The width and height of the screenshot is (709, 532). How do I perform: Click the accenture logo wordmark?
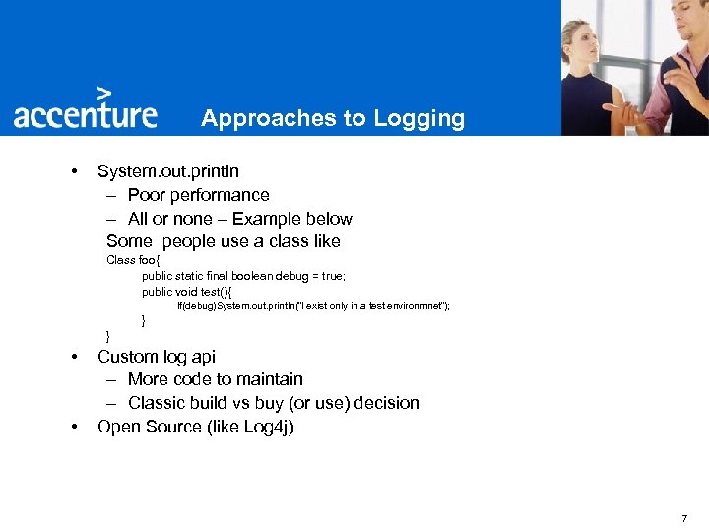(85, 115)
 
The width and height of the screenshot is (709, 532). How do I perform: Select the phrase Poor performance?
(199, 195)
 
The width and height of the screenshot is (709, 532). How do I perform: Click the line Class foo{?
(133, 260)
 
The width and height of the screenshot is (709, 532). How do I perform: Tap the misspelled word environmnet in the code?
(416, 307)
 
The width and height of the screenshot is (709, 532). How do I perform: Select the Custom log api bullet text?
(157, 357)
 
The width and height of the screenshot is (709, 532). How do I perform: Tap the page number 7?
(684, 518)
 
